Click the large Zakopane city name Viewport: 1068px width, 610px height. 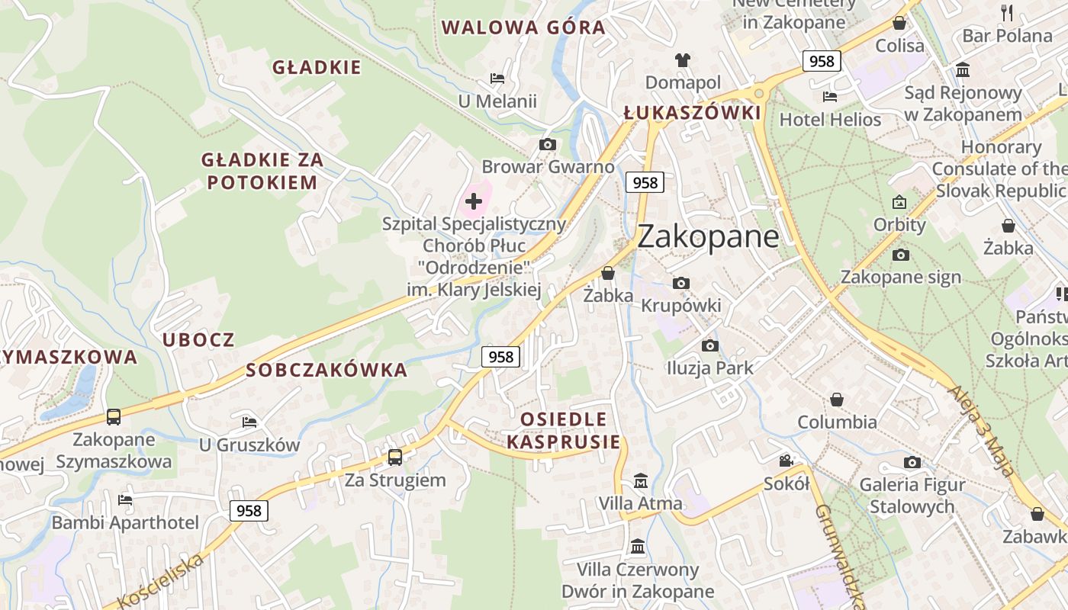click(x=708, y=236)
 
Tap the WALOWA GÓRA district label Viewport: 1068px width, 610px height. click(x=523, y=28)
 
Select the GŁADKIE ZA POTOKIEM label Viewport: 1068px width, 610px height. click(x=262, y=171)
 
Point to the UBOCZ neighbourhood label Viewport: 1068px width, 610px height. click(x=198, y=340)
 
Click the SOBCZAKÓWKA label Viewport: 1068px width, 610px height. click(x=327, y=371)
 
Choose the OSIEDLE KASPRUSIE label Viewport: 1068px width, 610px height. click(x=563, y=431)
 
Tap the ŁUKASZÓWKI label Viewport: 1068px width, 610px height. click(x=692, y=114)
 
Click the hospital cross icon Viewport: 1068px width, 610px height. click(x=474, y=201)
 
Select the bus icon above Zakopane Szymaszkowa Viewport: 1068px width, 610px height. click(x=114, y=417)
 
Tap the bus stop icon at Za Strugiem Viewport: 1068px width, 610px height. click(x=394, y=457)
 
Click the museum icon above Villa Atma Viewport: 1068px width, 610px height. click(x=640, y=481)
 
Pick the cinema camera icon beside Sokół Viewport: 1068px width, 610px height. click(x=786, y=461)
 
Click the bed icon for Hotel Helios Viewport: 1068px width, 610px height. click(x=830, y=97)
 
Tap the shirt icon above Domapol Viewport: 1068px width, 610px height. click(x=682, y=59)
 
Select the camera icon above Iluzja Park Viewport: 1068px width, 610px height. click(x=709, y=345)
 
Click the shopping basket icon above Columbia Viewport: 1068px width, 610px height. click(x=837, y=400)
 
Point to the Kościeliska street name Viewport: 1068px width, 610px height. click(x=162, y=581)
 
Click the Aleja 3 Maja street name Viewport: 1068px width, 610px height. click(x=983, y=431)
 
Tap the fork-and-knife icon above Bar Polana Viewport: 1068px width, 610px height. click(x=1007, y=12)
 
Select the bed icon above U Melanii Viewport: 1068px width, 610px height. click(x=497, y=79)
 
